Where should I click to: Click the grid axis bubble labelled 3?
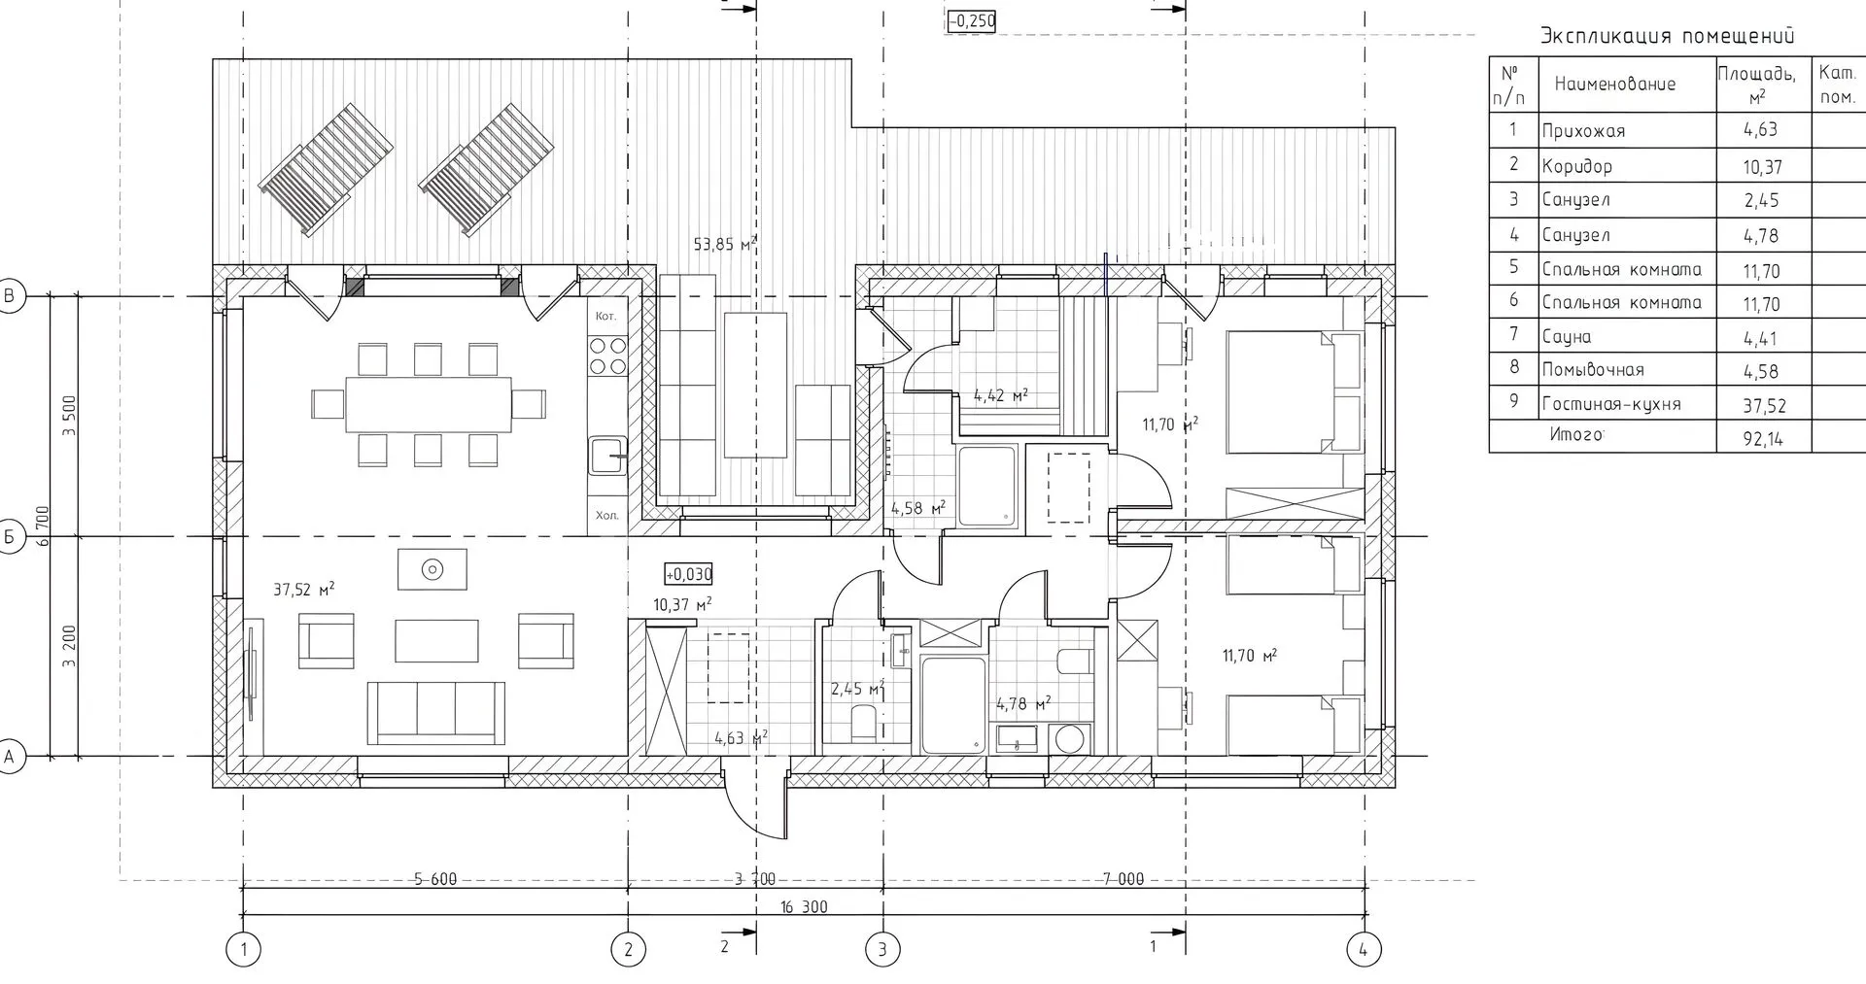tap(882, 948)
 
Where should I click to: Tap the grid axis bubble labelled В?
tap(11, 296)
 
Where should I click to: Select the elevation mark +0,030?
tap(688, 574)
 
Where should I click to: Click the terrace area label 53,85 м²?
tap(725, 245)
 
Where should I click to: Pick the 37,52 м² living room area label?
tap(304, 589)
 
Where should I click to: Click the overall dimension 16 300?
tap(804, 907)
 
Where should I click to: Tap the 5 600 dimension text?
tap(434, 879)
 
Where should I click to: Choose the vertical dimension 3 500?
tap(69, 416)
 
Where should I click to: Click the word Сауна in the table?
tap(1567, 337)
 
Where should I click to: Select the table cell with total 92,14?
tap(1763, 438)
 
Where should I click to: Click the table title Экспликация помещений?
tap(1667, 37)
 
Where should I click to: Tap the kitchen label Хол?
tap(606, 516)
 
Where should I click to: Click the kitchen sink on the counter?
tap(607, 455)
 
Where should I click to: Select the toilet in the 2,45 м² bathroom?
tap(863, 724)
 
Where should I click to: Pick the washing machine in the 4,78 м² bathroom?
tap(1070, 739)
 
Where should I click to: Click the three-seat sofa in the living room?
tap(436, 712)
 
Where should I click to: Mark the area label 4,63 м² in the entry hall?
tap(741, 738)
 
